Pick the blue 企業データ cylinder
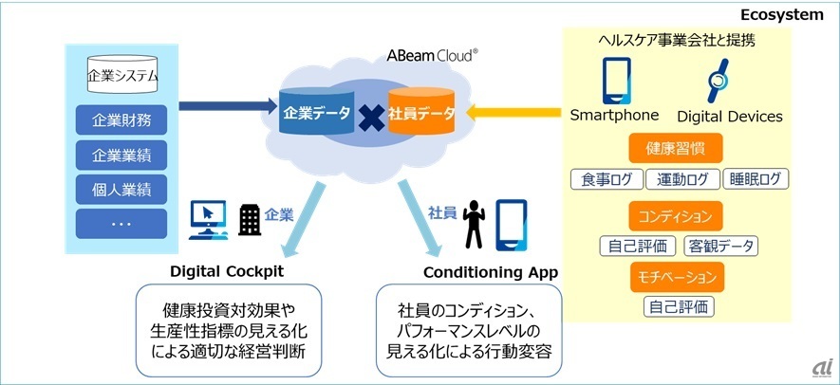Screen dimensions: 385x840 (x=314, y=114)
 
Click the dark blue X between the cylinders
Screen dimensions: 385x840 (x=369, y=117)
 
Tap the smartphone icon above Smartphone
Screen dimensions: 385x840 (x=614, y=81)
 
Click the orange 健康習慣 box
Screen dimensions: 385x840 (x=675, y=149)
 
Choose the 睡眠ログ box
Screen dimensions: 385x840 (x=755, y=179)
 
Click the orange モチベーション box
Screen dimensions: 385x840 (x=675, y=277)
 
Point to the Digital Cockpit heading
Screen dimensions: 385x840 (x=228, y=271)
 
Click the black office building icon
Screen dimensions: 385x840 (x=250, y=221)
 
